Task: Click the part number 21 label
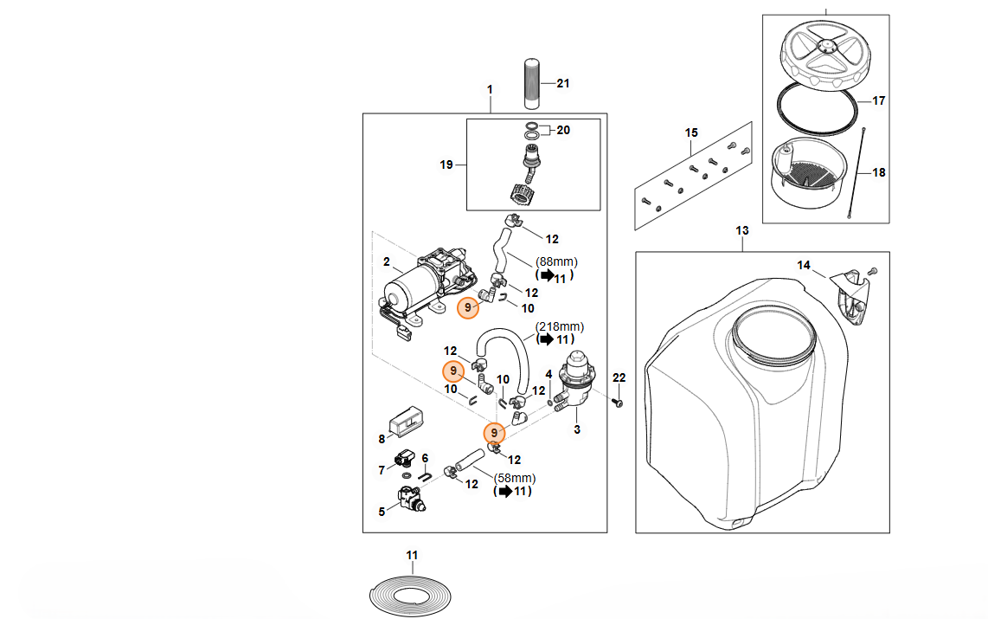[563, 84]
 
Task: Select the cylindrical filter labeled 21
[533, 84]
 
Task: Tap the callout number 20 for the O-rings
[563, 131]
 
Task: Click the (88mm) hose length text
[555, 261]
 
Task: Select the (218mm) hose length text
[560, 326]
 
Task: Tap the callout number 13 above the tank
[741, 231]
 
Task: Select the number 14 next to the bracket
[805, 265]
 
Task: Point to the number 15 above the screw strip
[691, 132]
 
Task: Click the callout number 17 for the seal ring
[878, 101]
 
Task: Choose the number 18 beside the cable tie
[879, 172]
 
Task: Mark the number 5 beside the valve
[382, 512]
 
